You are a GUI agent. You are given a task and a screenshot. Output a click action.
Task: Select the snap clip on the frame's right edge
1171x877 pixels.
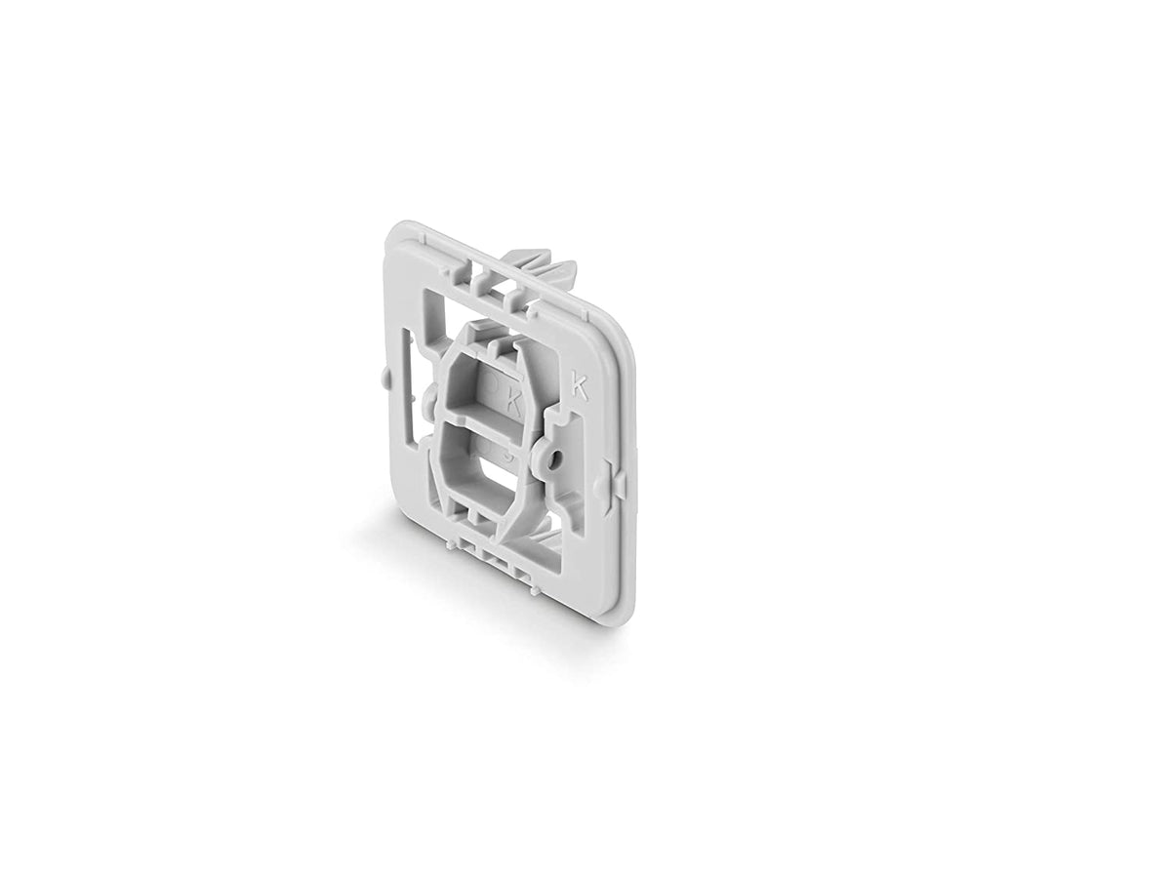[x=612, y=484]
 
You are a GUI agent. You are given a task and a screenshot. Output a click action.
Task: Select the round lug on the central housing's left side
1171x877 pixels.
[x=430, y=397]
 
